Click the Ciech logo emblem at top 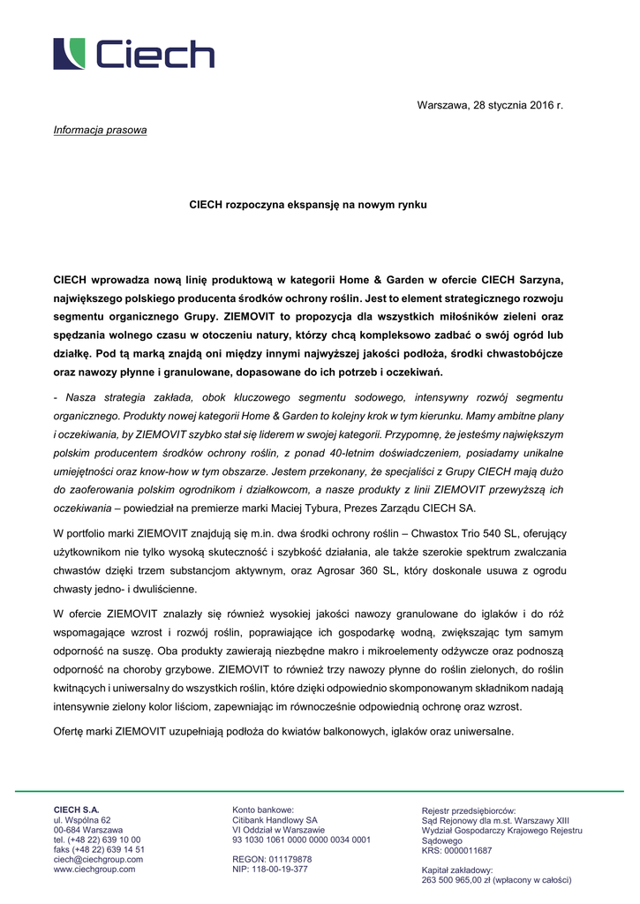click(x=70, y=54)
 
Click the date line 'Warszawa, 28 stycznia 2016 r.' click(x=490, y=106)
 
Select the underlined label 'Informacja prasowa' click(x=100, y=131)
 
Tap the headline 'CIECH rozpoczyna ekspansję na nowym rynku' click(x=308, y=205)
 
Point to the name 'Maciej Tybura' click(x=386, y=508)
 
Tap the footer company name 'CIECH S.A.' click(x=77, y=810)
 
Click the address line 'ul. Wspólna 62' click(x=82, y=820)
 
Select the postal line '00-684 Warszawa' click(x=88, y=830)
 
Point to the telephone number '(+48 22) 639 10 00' click(x=105, y=840)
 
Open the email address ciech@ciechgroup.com click(x=98, y=859)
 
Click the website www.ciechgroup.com click(x=94, y=869)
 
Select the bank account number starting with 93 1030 click(x=301, y=840)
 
